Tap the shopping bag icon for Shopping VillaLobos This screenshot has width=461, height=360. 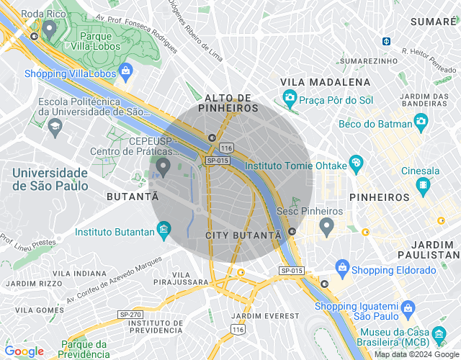[x=126, y=71]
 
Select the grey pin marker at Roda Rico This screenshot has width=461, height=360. [x=49, y=30]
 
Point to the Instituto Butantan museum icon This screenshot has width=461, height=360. [x=164, y=231]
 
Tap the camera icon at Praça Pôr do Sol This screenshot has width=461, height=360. [x=290, y=97]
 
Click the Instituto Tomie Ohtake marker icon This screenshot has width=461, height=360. [x=355, y=165]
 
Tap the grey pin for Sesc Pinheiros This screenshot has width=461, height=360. [x=326, y=228]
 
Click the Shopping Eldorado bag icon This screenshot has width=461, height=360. [x=343, y=269]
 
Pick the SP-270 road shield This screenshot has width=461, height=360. [x=130, y=315]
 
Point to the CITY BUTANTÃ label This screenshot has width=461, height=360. [x=243, y=235]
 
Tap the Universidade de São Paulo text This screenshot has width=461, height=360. [x=50, y=179]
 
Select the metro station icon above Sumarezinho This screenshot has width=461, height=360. [x=386, y=41]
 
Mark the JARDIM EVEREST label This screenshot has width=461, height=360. [x=265, y=316]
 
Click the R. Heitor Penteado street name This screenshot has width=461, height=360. [x=431, y=58]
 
